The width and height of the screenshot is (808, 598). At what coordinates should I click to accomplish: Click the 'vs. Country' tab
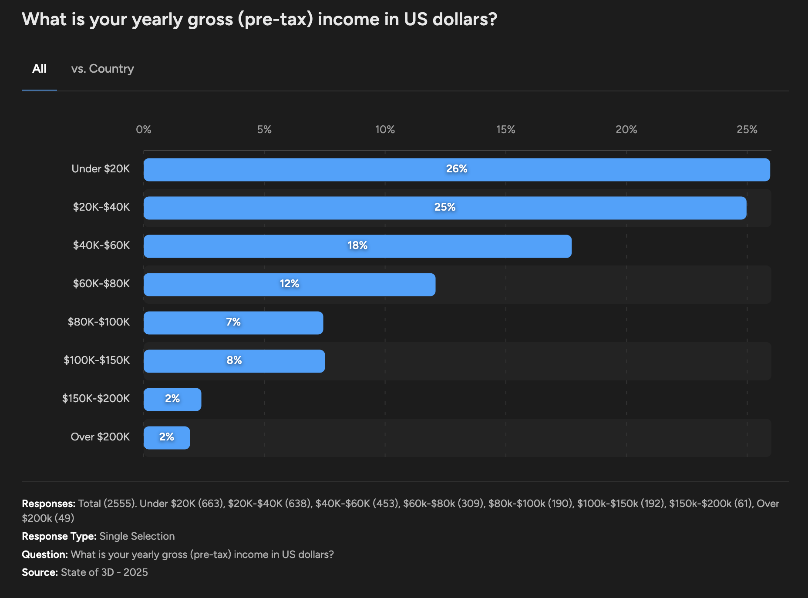click(x=102, y=69)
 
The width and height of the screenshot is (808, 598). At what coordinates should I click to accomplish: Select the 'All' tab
click(x=39, y=69)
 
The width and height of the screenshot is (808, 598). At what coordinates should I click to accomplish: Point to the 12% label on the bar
click(x=290, y=284)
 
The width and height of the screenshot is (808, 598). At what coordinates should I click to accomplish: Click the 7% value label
click(x=233, y=322)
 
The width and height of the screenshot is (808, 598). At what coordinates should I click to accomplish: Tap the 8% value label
click(x=234, y=360)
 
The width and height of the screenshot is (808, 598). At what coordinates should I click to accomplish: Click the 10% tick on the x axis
click(x=385, y=130)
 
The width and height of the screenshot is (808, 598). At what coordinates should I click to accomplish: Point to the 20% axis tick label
click(x=626, y=130)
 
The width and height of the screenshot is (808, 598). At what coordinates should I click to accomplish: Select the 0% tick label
click(x=144, y=130)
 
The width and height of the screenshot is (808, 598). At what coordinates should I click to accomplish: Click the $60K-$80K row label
click(x=101, y=284)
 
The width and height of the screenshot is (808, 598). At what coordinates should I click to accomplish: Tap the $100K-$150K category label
click(x=97, y=360)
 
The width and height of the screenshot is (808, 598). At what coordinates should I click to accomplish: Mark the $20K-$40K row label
click(x=101, y=207)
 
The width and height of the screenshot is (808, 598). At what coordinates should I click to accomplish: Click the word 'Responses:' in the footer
click(x=49, y=504)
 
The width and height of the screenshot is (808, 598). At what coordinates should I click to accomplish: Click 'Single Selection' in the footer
click(x=137, y=536)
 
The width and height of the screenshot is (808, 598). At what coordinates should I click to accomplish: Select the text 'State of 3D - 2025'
click(x=104, y=572)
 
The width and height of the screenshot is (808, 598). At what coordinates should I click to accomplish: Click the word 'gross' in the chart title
click(x=210, y=20)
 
